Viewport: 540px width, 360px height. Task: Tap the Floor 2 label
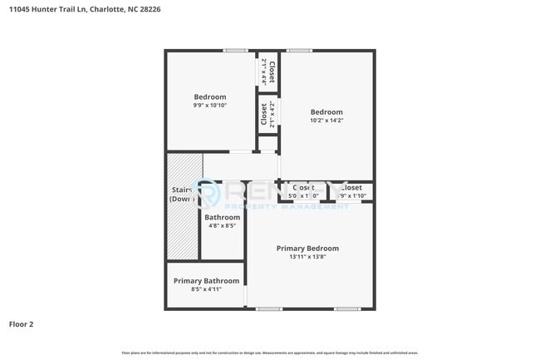(x=22, y=324)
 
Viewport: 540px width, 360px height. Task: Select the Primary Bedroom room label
(x=307, y=248)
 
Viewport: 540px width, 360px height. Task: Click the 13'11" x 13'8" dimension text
(x=307, y=257)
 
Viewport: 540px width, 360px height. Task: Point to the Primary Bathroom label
(x=206, y=281)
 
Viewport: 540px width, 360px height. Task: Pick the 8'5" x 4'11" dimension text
(x=206, y=289)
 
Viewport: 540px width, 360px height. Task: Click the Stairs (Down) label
(x=182, y=195)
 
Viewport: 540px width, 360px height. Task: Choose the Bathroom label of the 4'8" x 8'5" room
(x=222, y=218)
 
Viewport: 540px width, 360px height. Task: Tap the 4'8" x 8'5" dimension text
(x=222, y=226)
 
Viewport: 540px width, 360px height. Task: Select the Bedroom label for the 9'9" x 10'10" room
(x=209, y=97)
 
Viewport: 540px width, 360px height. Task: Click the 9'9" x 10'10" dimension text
(x=209, y=106)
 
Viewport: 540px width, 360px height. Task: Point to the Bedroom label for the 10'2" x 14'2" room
(x=326, y=112)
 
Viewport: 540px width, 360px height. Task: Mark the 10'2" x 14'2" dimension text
(x=326, y=121)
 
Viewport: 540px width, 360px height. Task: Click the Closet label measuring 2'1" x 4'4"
(x=272, y=72)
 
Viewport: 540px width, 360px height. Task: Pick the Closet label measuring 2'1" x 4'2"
(x=263, y=114)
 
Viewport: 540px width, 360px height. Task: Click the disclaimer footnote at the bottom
(x=270, y=353)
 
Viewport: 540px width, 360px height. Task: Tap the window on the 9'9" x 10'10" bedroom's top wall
(x=235, y=51)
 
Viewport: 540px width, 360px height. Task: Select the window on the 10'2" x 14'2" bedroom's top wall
(x=300, y=51)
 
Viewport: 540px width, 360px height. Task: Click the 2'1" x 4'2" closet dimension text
(x=272, y=114)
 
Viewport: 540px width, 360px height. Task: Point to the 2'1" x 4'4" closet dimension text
(x=263, y=72)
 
